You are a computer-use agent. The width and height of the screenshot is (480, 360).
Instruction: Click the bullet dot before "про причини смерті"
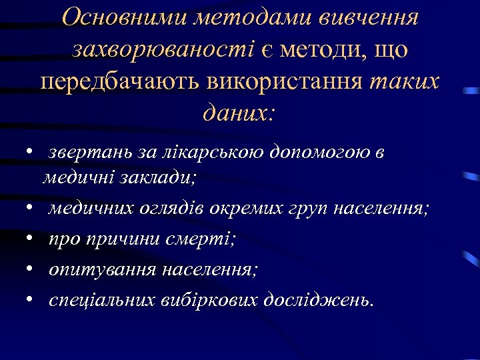[x=31, y=239]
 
